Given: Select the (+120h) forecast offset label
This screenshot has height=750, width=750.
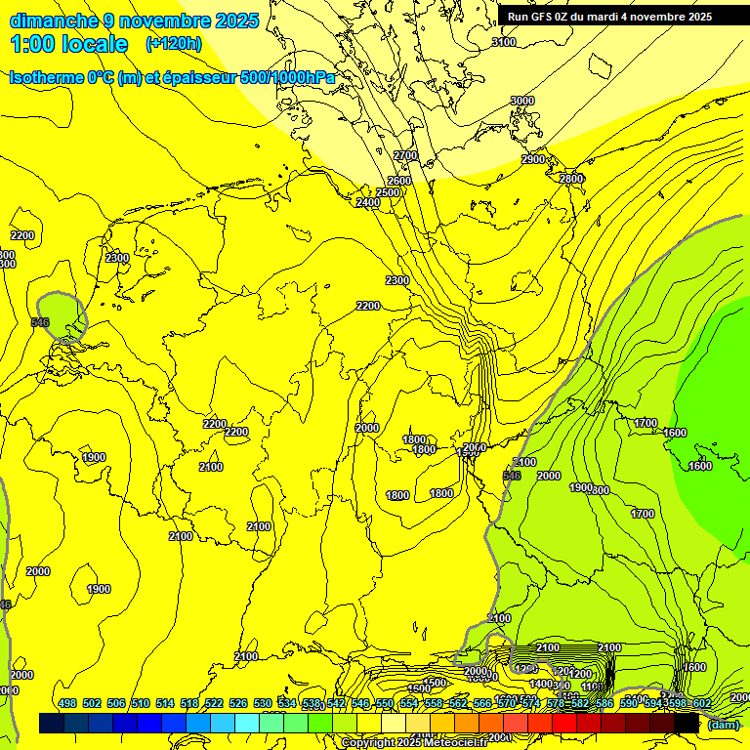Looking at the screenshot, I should click(174, 44).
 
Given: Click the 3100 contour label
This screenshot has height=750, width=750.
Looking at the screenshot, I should click(503, 42).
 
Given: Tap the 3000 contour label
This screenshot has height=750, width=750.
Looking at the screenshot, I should click(522, 101).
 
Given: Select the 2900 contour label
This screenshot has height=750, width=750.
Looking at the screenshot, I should click(533, 159).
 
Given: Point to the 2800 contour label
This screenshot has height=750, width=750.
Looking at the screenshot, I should click(571, 179).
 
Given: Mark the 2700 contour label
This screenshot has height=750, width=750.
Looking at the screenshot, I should click(405, 156).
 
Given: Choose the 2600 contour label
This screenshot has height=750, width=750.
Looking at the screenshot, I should click(399, 181).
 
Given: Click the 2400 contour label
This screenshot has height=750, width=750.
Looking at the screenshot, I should click(367, 202).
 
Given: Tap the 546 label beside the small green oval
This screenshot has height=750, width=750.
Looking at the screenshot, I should click(40, 322).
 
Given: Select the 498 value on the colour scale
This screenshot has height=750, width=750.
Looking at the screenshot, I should click(67, 703).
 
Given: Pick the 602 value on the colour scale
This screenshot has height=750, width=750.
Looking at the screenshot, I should click(701, 703).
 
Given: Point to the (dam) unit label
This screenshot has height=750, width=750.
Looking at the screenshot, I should click(723, 724).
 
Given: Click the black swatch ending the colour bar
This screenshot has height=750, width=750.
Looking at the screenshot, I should click(687, 723).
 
